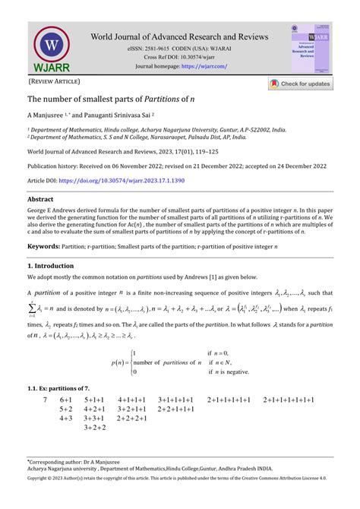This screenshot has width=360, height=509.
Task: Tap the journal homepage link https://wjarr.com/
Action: click(x=204, y=66)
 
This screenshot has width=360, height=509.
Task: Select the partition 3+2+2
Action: click(x=95, y=428)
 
